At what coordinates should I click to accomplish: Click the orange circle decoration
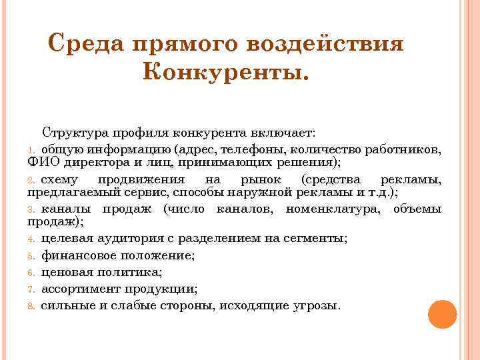442,313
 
